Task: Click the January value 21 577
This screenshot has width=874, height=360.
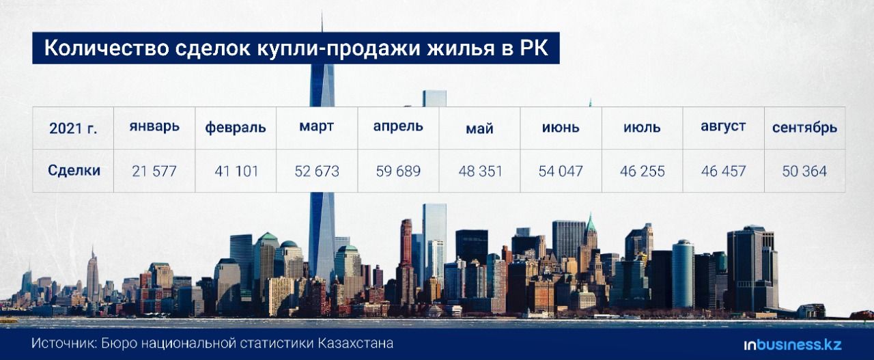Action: pyautogui.click(x=154, y=171)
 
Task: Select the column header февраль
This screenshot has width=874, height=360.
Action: pyautogui.click(x=236, y=128)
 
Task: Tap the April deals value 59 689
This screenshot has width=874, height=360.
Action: pyautogui.click(x=398, y=171)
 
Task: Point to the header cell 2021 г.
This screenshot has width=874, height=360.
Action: pyautogui.click(x=73, y=128)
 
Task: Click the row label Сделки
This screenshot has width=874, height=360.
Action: pyautogui.click(x=74, y=170)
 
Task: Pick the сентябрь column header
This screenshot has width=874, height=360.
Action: pyautogui.click(x=804, y=128)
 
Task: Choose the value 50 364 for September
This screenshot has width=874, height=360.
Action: pyautogui.click(x=804, y=171)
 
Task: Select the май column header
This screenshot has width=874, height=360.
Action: pyautogui.click(x=479, y=128)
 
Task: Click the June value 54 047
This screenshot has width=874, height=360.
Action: pyautogui.click(x=561, y=171)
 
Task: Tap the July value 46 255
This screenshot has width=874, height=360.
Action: pyautogui.click(x=643, y=171)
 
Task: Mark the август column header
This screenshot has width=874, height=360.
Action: pyautogui.click(x=723, y=126)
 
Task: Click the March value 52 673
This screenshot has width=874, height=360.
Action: pyautogui.click(x=317, y=171)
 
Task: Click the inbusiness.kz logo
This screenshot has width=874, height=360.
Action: pyautogui.click(x=793, y=345)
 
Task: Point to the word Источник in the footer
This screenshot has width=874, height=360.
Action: pyautogui.click(x=64, y=344)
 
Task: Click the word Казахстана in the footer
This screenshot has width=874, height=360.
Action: pyautogui.click(x=356, y=343)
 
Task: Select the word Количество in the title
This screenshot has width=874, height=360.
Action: pyautogui.click(x=107, y=48)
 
